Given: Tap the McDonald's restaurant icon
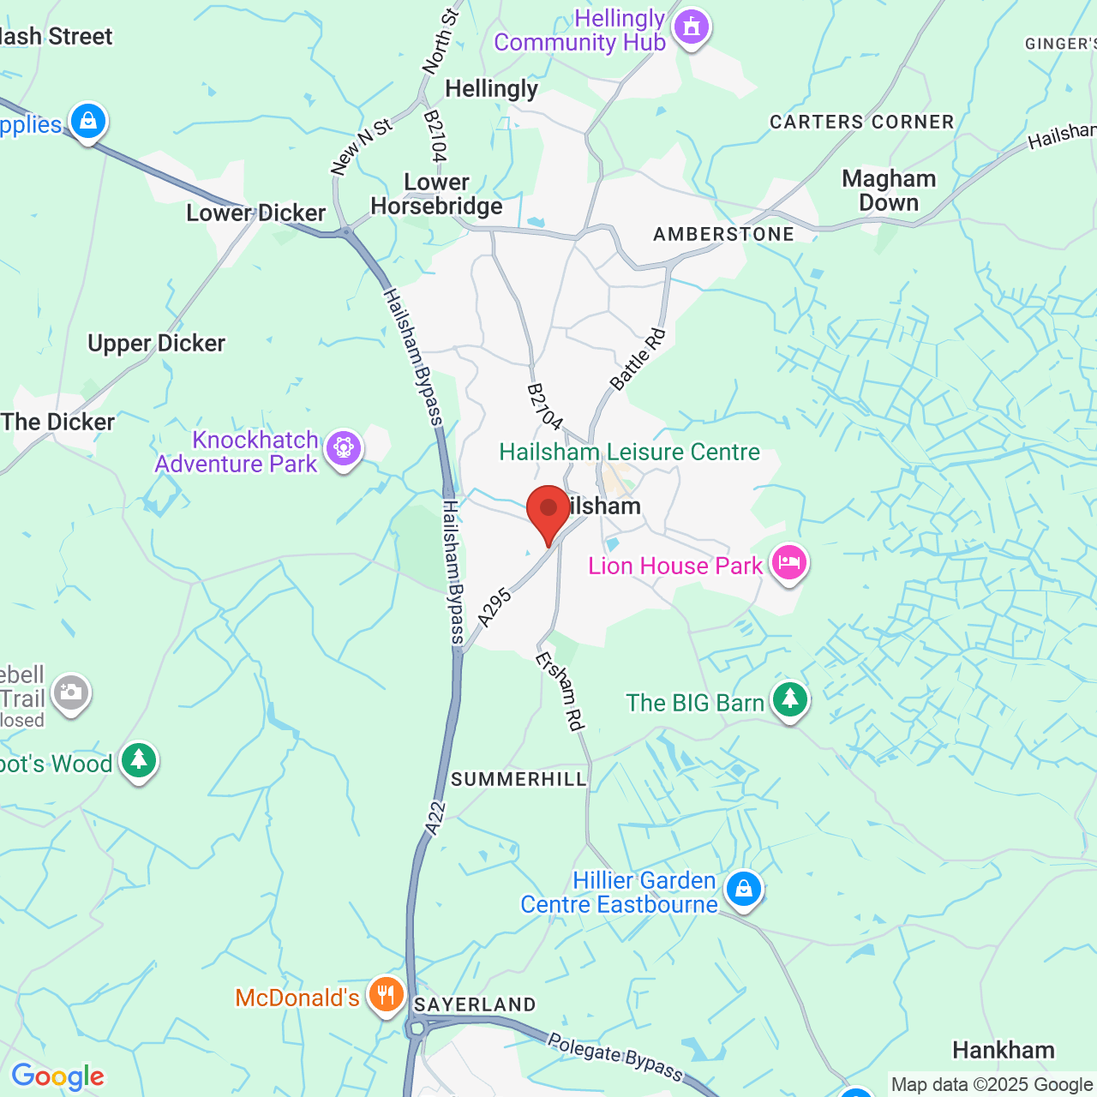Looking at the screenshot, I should click(387, 996).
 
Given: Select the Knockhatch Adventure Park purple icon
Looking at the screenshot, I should click(344, 448).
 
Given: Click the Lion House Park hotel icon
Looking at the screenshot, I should click(788, 563).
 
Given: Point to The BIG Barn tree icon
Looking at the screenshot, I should click(789, 700).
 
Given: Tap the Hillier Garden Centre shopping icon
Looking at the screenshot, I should click(743, 890).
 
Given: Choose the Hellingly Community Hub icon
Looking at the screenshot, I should click(692, 28).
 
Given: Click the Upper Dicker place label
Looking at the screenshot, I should click(156, 344).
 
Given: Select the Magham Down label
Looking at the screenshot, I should click(889, 190).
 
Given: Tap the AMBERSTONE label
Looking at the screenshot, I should click(723, 234).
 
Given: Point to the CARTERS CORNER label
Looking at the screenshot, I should click(861, 122).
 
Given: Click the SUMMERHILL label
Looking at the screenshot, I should click(519, 779).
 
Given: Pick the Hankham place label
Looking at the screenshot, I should click(1003, 1050).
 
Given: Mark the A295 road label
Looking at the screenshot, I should click(495, 608).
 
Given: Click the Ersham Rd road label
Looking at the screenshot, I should click(560, 691).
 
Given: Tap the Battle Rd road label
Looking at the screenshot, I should click(638, 358).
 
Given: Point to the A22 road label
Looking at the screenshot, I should click(436, 818).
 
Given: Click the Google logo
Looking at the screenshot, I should click(57, 1076).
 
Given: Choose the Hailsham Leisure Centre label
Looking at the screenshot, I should click(629, 452).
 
